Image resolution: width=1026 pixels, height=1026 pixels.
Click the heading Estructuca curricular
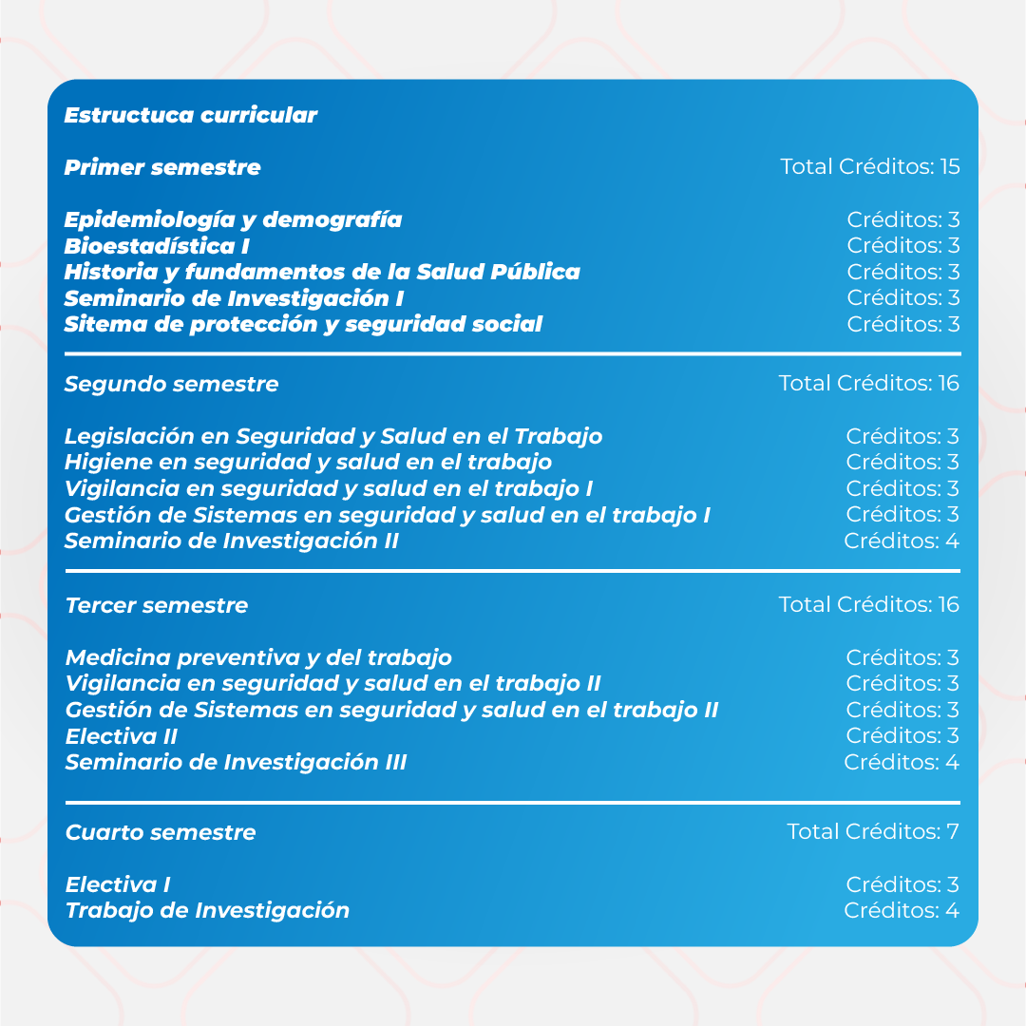coord(190,116)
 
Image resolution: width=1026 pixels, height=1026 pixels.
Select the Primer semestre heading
coord(161,168)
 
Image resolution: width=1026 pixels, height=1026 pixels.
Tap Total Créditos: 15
coord(869,167)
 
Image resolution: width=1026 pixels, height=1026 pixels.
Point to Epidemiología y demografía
coord(233,220)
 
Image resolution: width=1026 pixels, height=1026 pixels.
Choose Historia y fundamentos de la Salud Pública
coord(322,273)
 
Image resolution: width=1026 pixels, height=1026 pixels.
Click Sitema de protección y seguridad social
coord(303,325)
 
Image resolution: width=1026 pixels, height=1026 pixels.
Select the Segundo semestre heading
coord(171,385)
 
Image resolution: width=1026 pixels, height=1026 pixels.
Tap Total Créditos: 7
coord(872,832)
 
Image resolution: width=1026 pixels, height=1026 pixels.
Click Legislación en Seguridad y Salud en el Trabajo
coord(333,437)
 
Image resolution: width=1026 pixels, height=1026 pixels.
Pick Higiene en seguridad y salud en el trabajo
coord(308,463)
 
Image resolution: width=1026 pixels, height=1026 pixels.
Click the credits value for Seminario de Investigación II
coord(901,541)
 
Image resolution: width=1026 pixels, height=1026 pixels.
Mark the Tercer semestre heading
coord(156,606)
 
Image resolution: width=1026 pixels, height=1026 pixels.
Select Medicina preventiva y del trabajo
coord(258,658)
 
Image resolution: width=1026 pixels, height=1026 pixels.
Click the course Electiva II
coord(121,736)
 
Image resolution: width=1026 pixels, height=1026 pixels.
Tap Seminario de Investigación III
coord(236,763)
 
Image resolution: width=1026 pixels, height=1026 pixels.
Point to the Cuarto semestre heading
coord(160,833)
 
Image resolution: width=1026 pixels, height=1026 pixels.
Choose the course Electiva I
coord(118,885)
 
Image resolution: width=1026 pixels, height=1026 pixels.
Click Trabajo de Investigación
coord(207,911)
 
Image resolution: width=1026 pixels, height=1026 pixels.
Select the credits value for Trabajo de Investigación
coord(901,911)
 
